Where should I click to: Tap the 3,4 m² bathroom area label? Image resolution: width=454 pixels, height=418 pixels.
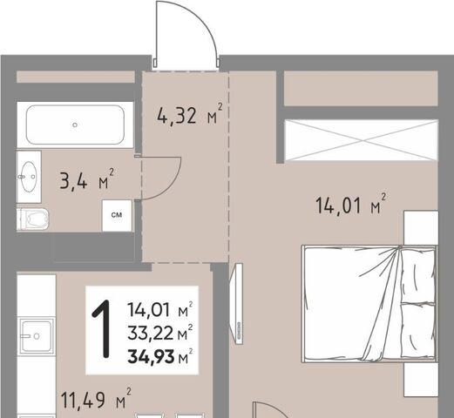pos(86,179)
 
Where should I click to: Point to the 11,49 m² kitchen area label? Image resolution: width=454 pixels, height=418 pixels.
pos(96,398)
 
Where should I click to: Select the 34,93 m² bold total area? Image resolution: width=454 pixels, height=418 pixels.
pos(160,356)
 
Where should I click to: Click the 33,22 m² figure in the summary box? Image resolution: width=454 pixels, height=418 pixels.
pos(160,333)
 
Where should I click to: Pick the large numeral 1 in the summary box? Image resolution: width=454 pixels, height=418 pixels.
pos(102,329)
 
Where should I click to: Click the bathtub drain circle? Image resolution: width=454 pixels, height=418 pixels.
pos(75,125)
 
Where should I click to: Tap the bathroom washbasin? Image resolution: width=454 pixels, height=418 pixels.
pos(29,177)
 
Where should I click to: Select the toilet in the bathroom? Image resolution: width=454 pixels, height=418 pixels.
pos(32,219)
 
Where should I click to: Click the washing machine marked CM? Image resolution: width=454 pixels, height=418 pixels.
pos(117,216)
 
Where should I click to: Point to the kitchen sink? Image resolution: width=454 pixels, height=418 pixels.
pos(37,336)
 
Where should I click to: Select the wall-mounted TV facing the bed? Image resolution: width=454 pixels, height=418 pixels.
pos(237,304)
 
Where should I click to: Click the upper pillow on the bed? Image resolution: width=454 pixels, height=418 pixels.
pos(417,275)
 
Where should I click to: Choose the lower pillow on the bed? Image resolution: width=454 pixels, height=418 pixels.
pos(417,331)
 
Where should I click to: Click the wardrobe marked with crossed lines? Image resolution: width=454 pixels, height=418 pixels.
pos(361,140)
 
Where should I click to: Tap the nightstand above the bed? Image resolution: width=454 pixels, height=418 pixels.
pos(421,228)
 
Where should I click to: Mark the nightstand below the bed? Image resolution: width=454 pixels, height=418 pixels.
pos(421,380)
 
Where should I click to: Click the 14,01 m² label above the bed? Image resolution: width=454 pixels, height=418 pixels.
pos(351,205)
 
